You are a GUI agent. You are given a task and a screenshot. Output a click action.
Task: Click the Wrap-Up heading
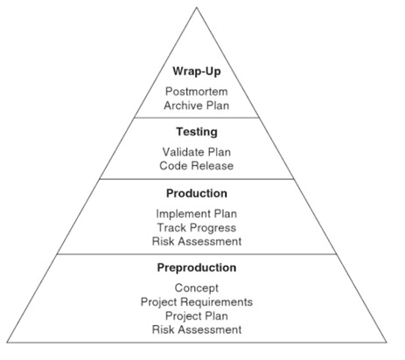point(197,72)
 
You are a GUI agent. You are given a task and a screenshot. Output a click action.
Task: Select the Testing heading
point(197,132)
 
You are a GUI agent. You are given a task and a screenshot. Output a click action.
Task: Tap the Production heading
point(197,193)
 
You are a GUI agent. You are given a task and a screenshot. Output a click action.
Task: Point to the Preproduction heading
point(197,267)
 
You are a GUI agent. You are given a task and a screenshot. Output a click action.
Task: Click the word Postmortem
point(197,92)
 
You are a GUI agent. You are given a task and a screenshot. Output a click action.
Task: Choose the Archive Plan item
point(197,106)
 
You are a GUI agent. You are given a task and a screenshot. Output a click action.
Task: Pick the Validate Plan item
point(197,152)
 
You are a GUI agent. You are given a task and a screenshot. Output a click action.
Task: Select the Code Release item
point(197,166)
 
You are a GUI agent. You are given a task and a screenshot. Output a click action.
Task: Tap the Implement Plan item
point(197,214)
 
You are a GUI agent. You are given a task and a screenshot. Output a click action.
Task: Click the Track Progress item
point(197,228)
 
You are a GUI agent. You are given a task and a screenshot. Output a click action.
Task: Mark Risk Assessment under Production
point(197,241)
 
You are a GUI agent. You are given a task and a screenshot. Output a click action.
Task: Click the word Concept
point(197,288)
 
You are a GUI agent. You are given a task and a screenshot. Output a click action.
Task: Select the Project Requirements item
point(197,302)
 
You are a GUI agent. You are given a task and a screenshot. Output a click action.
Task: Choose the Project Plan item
point(197,316)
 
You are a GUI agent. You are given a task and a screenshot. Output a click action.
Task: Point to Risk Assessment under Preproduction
point(197,329)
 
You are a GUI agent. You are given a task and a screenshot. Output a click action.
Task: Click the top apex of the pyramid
point(197,8)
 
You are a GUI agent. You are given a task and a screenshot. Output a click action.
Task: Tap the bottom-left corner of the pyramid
point(7,343)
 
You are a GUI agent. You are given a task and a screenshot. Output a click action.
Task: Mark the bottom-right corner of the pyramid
point(387,343)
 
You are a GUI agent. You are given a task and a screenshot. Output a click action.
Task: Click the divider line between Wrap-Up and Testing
point(197,118)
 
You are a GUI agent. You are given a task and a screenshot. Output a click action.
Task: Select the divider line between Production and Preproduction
point(197,254)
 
